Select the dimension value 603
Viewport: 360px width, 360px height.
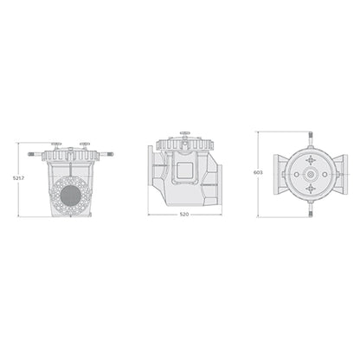pyautogui.click(x=257, y=172)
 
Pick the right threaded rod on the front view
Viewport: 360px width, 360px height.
pyautogui.click(x=106, y=156)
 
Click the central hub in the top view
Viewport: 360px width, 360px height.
pyautogui.click(x=309, y=173)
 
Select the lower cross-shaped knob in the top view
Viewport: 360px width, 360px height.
pyautogui.click(x=309, y=190)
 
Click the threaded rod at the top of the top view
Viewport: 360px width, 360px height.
pyautogui.click(x=309, y=137)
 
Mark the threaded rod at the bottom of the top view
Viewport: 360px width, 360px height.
pyautogui.click(x=309, y=209)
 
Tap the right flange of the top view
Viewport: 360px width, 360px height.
pyautogui.click(x=344, y=173)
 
